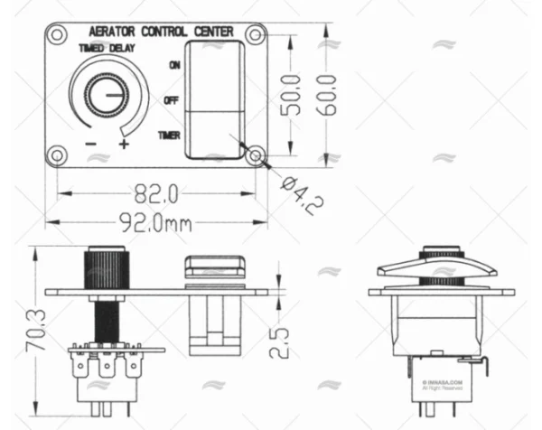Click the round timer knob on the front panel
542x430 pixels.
click(x=103, y=95)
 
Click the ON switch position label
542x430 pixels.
click(x=173, y=64)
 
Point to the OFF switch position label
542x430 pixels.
click(x=171, y=99)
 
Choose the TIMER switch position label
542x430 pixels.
click(x=168, y=136)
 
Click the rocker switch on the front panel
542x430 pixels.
click(x=215, y=99)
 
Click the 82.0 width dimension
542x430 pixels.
click(x=155, y=193)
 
